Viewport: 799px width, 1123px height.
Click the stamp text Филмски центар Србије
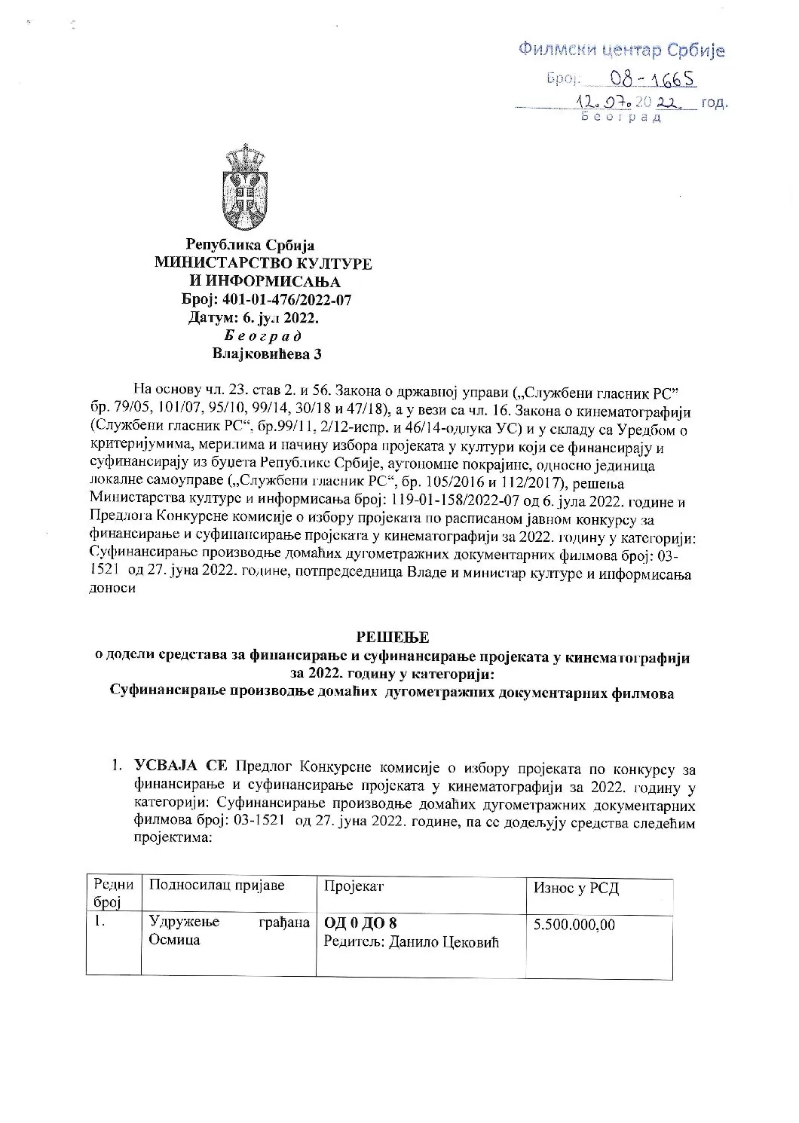(621, 50)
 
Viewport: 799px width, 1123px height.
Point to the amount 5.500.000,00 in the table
(574, 924)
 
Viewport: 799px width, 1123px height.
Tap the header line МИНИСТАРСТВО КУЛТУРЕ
(263, 264)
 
